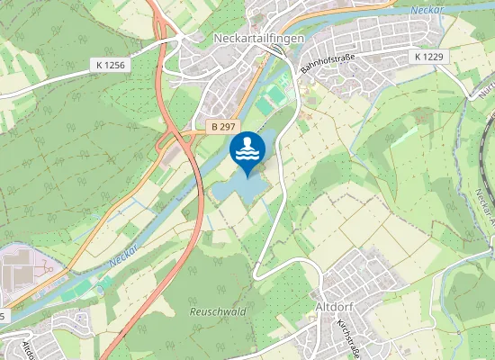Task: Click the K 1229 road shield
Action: pyautogui.click(x=429, y=56)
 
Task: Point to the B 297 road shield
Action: pyautogui.click(x=226, y=127)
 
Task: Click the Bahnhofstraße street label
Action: pyautogui.click(x=328, y=63)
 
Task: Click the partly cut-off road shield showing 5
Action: pyautogui.click(x=4, y=317)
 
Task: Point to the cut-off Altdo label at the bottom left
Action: pyautogui.click(x=27, y=348)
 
